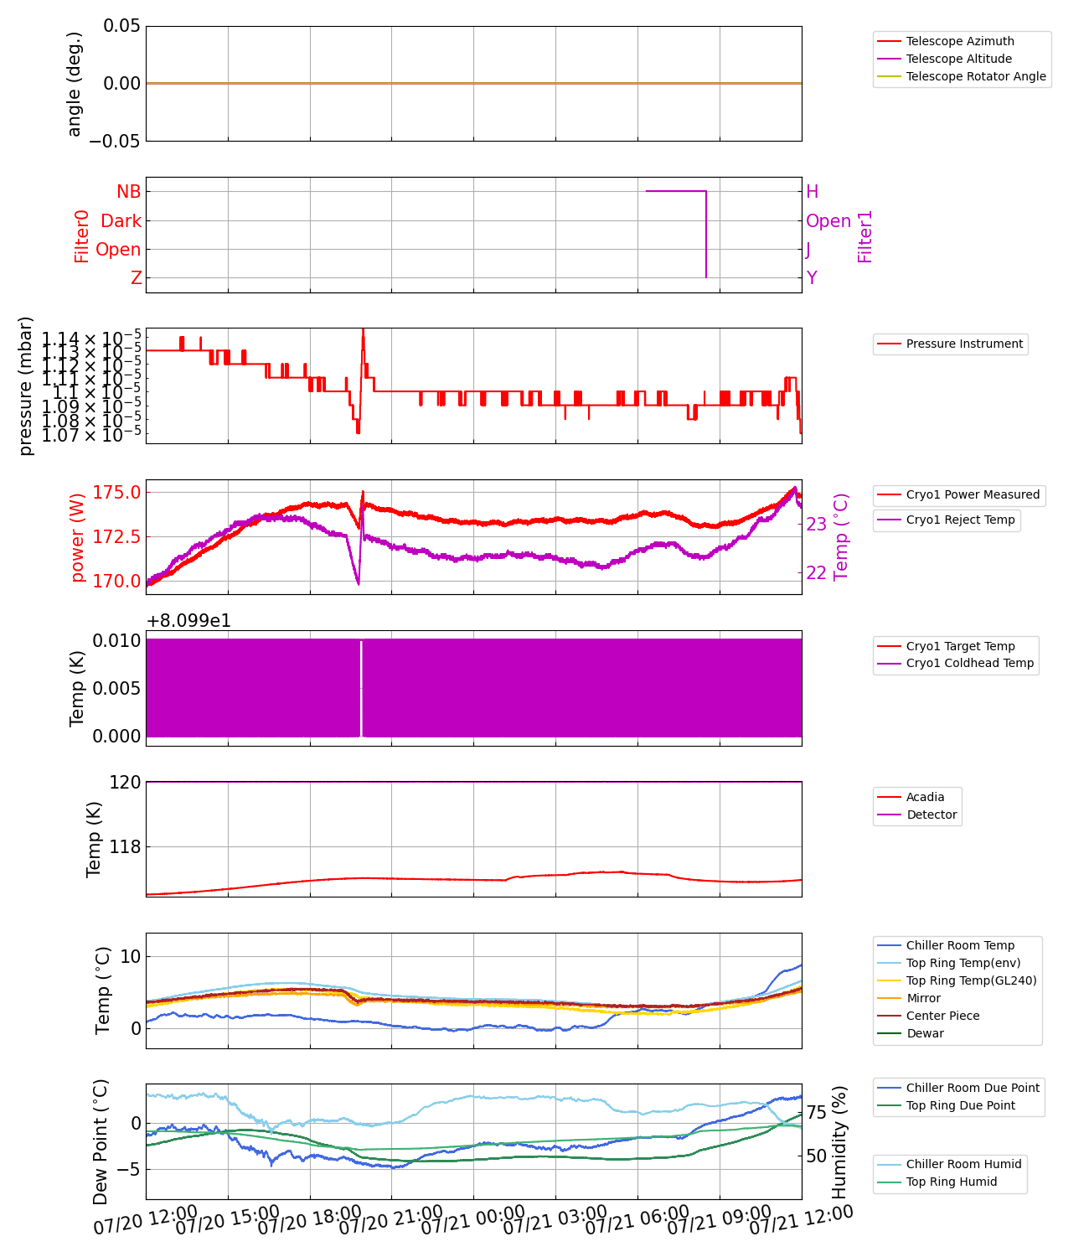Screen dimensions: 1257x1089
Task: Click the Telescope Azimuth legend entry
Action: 959,41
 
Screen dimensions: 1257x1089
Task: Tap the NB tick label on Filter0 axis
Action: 129,192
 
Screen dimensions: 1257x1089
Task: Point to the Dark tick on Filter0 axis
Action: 121,221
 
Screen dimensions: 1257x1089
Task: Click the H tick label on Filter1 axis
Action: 812,192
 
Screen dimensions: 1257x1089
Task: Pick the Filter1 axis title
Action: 865,236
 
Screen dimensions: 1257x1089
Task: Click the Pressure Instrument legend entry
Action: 963,344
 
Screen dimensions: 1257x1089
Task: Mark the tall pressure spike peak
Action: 363,330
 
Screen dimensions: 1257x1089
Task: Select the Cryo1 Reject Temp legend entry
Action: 959,520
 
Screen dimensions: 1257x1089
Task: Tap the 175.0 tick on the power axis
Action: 116,492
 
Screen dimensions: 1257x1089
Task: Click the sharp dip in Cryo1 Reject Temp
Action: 359,583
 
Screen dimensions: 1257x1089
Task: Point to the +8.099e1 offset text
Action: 188,621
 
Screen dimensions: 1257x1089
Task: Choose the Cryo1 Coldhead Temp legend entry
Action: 969,663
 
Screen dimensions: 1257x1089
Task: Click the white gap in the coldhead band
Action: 361,687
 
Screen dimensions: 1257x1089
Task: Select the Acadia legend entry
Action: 925,797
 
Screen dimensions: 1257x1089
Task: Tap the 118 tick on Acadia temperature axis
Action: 125,847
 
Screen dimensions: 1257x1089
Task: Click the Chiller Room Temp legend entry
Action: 959,945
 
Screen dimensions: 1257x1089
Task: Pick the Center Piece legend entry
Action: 942,1016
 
